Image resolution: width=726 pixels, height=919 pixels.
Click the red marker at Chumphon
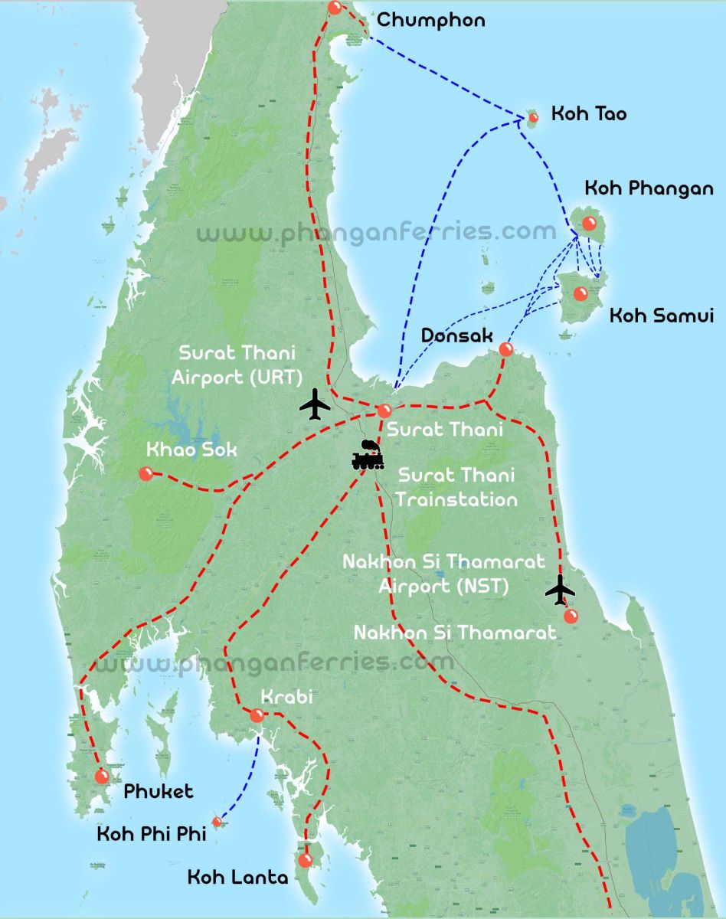tap(335, 8)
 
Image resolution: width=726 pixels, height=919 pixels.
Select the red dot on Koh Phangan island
tap(589, 223)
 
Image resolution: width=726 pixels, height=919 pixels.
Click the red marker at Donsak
tap(505, 349)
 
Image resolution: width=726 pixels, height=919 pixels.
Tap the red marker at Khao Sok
tap(146, 474)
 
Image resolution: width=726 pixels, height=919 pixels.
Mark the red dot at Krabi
tap(257, 716)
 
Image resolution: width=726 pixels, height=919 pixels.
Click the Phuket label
tap(159, 791)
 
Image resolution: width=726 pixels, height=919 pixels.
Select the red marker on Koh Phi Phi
tap(217, 822)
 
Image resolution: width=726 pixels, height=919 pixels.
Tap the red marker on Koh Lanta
tap(305, 860)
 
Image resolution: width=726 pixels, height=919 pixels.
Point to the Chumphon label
tap(430, 20)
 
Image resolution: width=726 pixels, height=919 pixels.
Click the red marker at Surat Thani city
tap(384, 410)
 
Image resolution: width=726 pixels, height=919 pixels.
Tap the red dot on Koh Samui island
tap(580, 293)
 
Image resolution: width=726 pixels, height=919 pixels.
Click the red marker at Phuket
tap(102, 777)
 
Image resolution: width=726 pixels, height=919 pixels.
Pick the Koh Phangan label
tap(649, 188)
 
